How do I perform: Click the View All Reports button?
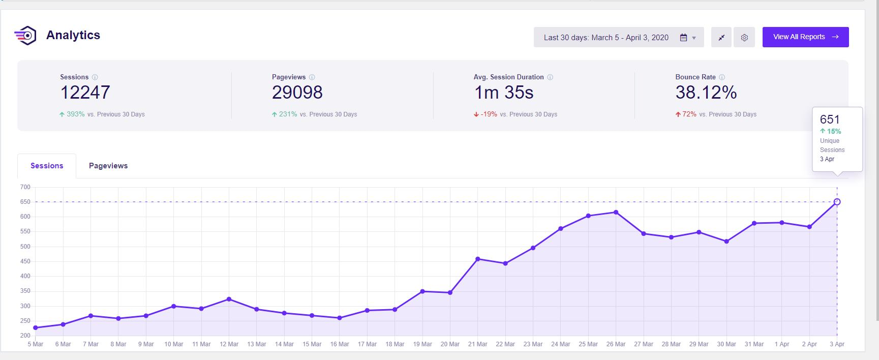[x=805, y=37]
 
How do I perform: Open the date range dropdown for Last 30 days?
[x=618, y=38]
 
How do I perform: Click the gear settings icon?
[x=744, y=38]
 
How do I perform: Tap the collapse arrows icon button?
[x=721, y=38]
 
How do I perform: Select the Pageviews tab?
[x=108, y=166]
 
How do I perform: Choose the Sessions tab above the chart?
[x=47, y=166]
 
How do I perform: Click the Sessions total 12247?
[x=85, y=93]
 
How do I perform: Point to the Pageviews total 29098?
[x=297, y=93]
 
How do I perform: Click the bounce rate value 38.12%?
[x=706, y=93]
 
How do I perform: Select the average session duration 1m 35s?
[x=504, y=93]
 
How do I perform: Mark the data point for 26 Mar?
[x=616, y=213]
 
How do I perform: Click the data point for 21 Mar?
[x=478, y=259]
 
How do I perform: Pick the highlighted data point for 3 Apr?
[x=837, y=202]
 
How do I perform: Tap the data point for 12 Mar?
[x=229, y=299]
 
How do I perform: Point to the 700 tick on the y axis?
[x=25, y=187]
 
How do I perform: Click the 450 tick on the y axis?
[x=25, y=261]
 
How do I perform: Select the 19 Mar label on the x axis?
[x=422, y=344]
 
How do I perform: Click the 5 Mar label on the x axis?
[x=36, y=344]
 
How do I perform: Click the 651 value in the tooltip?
[x=830, y=119]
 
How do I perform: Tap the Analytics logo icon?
[x=25, y=36]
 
